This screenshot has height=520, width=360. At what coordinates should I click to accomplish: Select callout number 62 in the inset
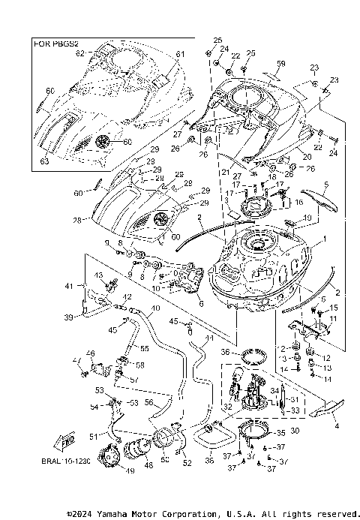(x=79, y=54)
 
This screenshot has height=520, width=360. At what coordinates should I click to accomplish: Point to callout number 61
(x=180, y=54)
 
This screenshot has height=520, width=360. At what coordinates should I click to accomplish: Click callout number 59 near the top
(x=281, y=63)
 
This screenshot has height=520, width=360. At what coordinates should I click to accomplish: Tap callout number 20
(x=307, y=157)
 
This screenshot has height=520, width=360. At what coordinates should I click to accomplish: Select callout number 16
(x=298, y=203)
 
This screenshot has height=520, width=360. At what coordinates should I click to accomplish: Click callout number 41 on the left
(x=70, y=286)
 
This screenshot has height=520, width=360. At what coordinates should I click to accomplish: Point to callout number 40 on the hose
(x=154, y=308)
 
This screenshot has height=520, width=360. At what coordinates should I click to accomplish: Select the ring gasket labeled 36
(x=252, y=352)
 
